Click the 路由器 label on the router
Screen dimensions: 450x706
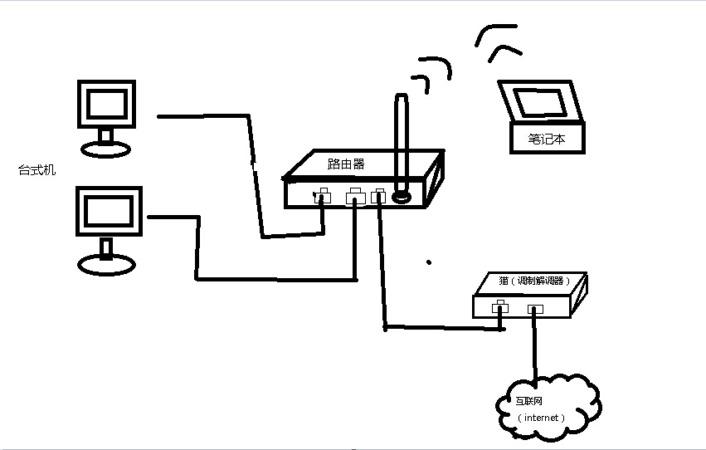point(346,164)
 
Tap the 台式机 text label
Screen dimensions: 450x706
point(37,171)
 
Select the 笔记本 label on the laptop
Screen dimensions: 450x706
point(547,139)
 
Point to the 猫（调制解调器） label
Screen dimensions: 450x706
point(530,281)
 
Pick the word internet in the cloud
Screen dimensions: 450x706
point(543,417)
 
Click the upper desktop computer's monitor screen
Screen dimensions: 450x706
point(106,104)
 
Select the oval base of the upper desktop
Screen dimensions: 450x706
point(106,149)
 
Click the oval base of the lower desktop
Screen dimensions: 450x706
point(106,264)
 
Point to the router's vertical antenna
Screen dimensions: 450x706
point(402,141)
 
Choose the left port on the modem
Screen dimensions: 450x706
point(499,309)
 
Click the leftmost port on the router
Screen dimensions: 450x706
point(321,198)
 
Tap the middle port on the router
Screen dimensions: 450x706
point(355,197)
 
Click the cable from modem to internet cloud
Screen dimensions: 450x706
point(535,349)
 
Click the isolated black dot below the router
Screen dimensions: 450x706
point(429,262)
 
